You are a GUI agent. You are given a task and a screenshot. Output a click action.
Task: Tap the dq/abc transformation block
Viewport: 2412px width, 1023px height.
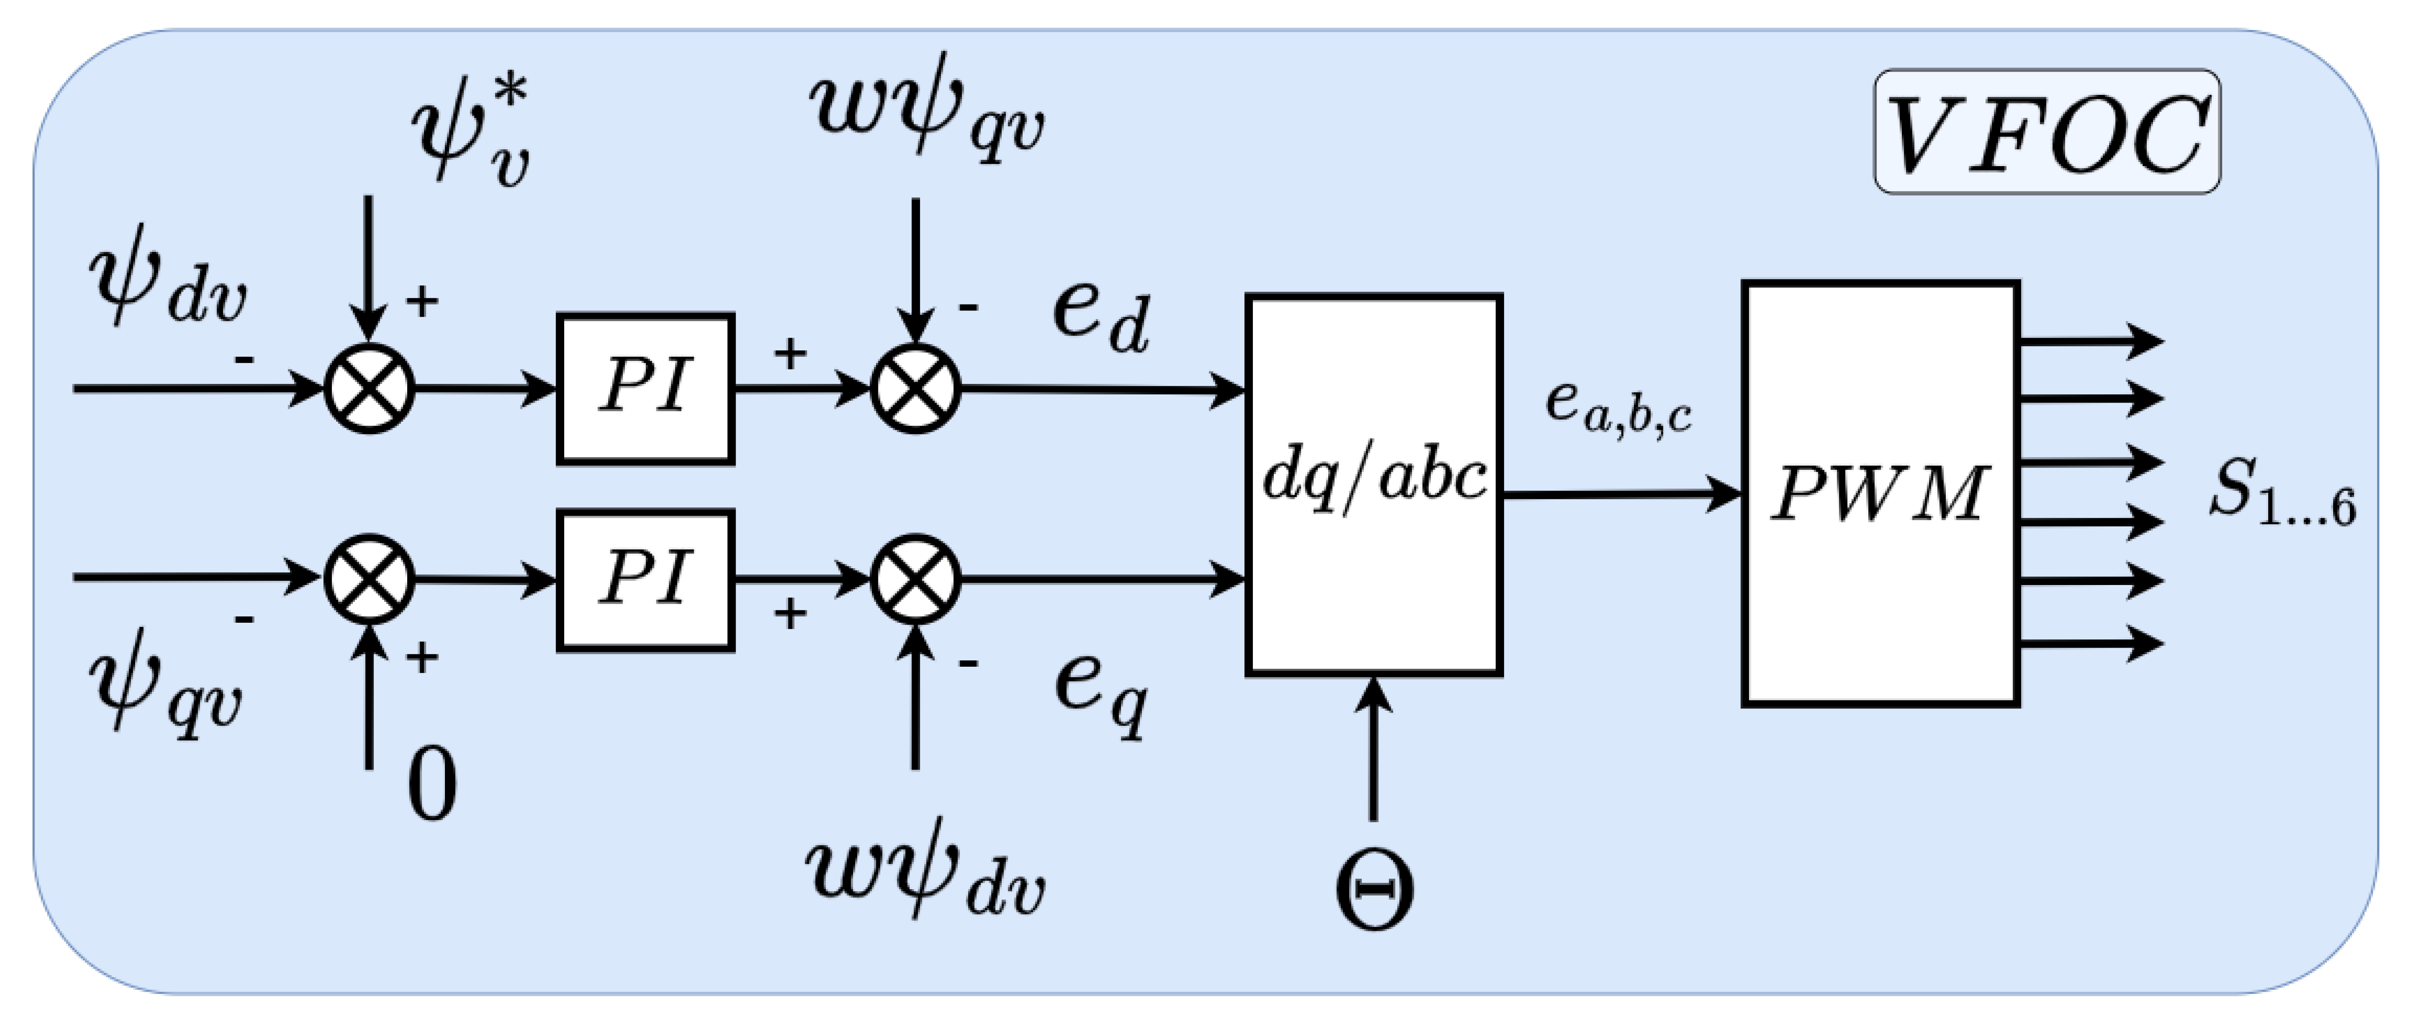click(1374, 484)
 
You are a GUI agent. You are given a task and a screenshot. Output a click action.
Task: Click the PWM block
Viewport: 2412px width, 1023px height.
click(1879, 493)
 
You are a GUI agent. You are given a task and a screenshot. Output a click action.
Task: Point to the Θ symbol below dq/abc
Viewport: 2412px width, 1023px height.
click(1374, 890)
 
